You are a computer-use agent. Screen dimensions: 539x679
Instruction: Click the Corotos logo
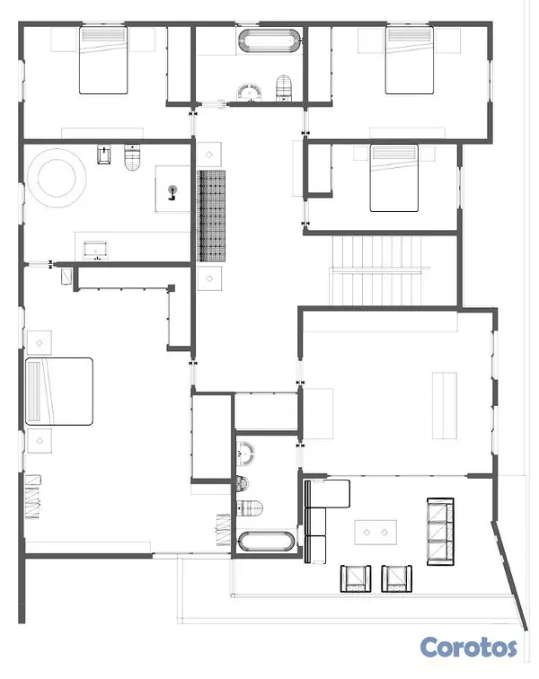click(x=468, y=648)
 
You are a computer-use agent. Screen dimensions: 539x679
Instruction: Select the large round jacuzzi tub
click(x=57, y=178)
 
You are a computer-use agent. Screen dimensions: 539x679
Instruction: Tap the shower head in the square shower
click(x=172, y=192)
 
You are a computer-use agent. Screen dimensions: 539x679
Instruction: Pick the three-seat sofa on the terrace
click(x=441, y=532)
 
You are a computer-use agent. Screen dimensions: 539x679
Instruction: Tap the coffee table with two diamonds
click(x=376, y=533)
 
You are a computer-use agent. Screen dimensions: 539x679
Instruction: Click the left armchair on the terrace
click(x=356, y=578)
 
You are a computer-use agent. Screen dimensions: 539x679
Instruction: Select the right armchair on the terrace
click(x=396, y=578)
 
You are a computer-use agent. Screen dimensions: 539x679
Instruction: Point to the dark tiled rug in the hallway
click(x=211, y=216)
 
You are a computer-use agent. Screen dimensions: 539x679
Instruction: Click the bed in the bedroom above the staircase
click(x=393, y=178)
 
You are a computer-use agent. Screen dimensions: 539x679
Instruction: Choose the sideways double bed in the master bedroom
click(x=59, y=391)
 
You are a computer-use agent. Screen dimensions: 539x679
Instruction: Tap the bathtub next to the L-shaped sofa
click(x=267, y=542)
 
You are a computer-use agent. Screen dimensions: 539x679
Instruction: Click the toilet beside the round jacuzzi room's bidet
click(x=133, y=157)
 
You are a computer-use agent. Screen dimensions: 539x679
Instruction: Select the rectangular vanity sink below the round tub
click(x=95, y=251)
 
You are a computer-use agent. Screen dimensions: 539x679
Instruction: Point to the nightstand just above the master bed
click(x=40, y=343)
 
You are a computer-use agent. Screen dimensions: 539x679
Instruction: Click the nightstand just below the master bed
click(x=40, y=441)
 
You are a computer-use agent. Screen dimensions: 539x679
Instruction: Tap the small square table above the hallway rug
click(x=209, y=154)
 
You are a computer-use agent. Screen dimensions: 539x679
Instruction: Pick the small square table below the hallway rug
click(x=209, y=278)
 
